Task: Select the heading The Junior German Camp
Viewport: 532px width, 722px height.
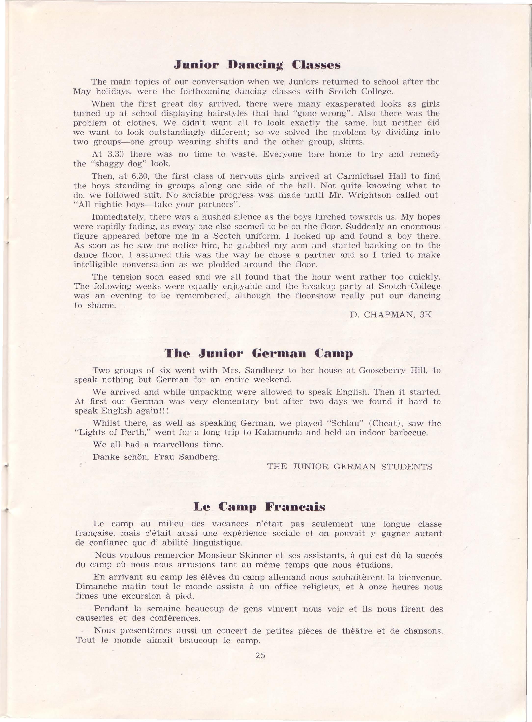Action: [x=258, y=354]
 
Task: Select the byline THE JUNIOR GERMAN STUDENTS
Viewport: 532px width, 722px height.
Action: [x=349, y=467]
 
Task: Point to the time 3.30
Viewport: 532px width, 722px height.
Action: [x=117, y=155]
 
